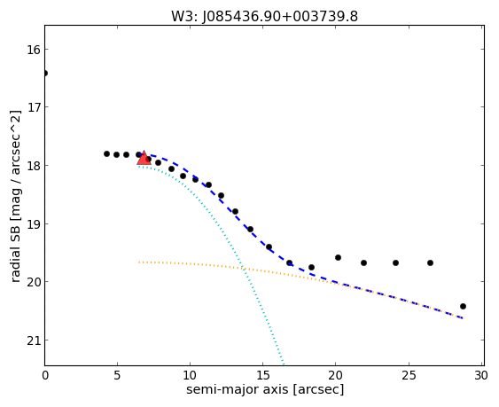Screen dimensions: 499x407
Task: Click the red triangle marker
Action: click(x=144, y=158)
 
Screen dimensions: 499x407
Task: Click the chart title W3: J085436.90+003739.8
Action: click(x=264, y=17)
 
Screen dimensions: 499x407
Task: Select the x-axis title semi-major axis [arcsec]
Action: click(x=265, y=389)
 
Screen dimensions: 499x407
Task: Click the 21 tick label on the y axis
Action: click(x=34, y=340)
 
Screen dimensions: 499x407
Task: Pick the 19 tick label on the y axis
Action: click(x=34, y=224)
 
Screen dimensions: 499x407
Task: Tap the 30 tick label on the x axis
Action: click(x=481, y=376)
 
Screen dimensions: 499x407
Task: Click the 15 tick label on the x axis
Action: click(x=263, y=376)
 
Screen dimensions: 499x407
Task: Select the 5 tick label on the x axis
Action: click(x=117, y=376)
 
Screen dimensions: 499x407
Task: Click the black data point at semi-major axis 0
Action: click(x=45, y=74)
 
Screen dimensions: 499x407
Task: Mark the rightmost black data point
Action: click(x=463, y=307)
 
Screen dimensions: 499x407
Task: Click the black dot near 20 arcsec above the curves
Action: click(x=338, y=258)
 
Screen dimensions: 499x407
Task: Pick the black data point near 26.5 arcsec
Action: click(x=430, y=263)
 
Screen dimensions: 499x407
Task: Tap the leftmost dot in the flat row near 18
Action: click(x=106, y=153)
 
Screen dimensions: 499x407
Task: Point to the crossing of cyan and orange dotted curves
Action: click(x=244, y=269)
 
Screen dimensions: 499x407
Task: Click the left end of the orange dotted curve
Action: click(x=139, y=262)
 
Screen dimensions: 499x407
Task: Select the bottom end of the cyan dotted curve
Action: click(x=284, y=364)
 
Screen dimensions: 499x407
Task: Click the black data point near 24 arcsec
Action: click(x=395, y=263)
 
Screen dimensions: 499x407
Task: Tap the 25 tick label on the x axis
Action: click(x=409, y=376)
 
